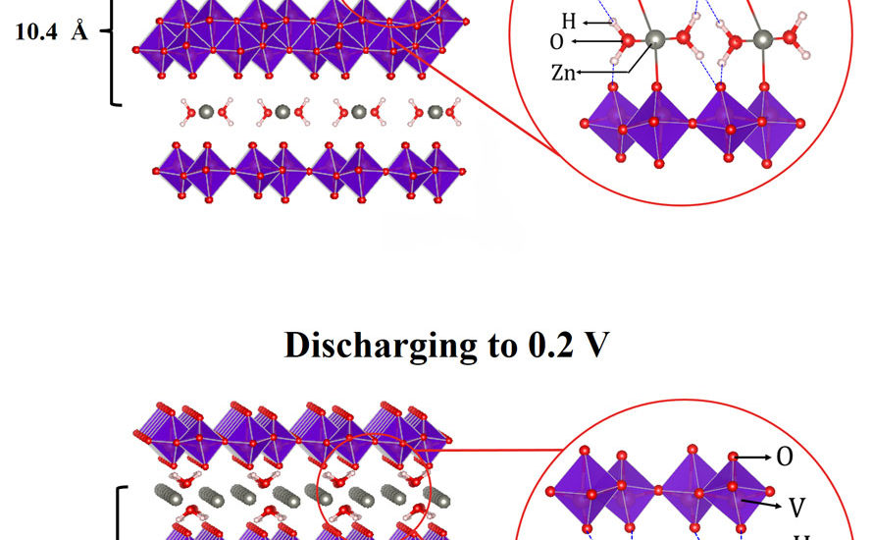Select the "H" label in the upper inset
[569, 21]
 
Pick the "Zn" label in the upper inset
[565, 72]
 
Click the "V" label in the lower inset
[798, 507]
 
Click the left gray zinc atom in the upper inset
[654, 39]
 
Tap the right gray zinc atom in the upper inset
[763, 38]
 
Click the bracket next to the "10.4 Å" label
[116, 49]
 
